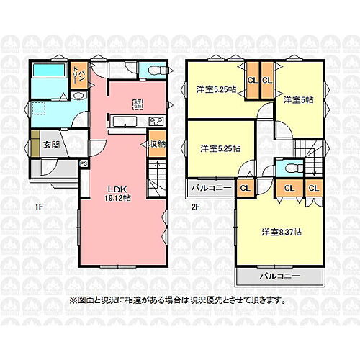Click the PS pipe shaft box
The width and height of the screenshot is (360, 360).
pos(84,163)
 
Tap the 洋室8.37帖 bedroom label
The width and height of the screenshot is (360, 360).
pos(282,232)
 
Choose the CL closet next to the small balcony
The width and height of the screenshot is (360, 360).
pos(245,189)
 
